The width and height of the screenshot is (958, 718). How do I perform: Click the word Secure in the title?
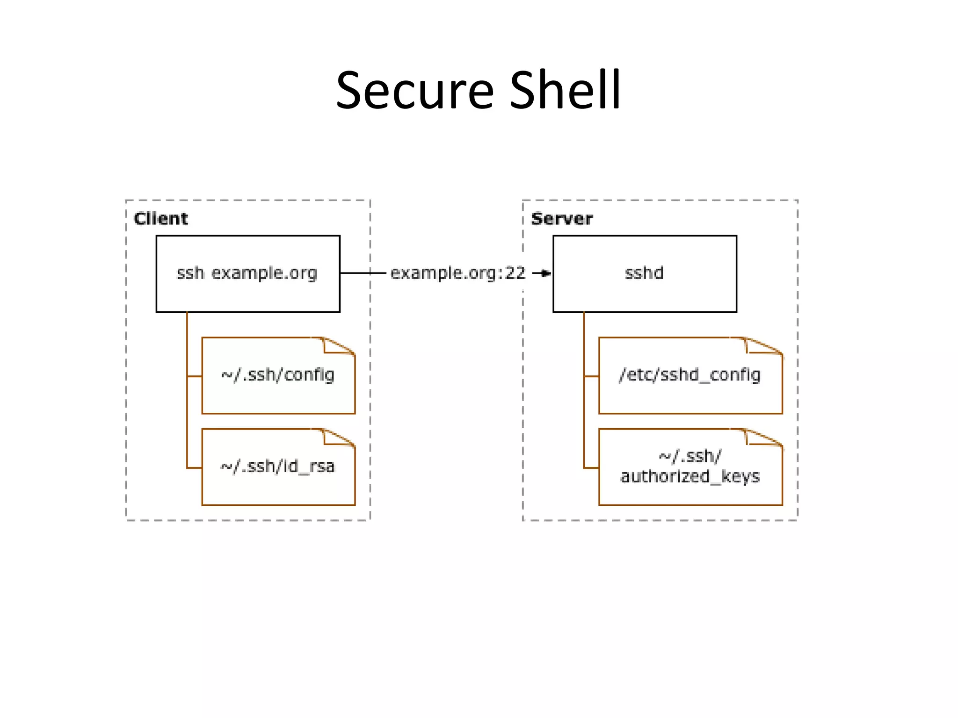coord(414,90)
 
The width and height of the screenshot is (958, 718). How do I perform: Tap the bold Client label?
coord(160,219)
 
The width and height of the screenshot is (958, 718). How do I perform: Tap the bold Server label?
coord(562,219)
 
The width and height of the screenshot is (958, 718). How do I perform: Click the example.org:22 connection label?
coord(458,273)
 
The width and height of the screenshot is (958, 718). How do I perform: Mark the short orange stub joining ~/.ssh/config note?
coord(194,376)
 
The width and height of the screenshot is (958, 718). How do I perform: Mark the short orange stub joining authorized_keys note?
coord(591,467)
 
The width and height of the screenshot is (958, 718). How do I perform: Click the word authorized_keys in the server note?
coord(690,477)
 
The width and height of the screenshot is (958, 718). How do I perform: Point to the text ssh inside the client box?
coord(190,273)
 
